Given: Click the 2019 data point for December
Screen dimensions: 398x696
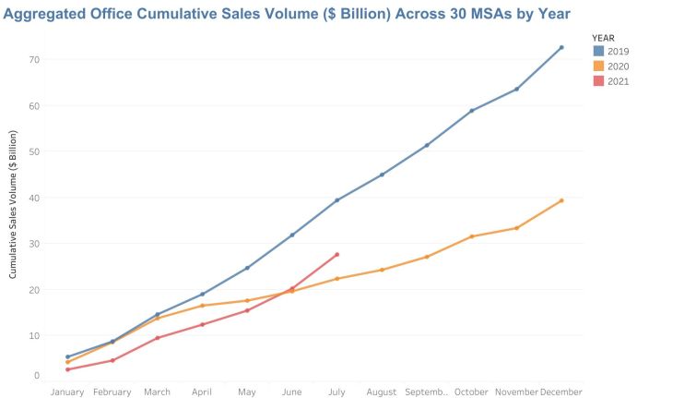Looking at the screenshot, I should [x=561, y=48].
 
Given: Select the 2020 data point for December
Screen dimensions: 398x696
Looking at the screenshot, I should [x=561, y=200].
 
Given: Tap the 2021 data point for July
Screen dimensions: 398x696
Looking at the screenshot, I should [x=337, y=255].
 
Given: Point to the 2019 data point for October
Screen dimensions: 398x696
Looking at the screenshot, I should [x=472, y=111].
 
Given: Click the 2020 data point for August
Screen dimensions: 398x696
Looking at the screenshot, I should [x=382, y=270].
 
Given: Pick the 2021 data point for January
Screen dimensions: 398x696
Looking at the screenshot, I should [x=68, y=369].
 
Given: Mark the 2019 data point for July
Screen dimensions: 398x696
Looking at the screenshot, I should [x=337, y=200].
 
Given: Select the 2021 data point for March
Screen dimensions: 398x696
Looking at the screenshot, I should [x=158, y=338].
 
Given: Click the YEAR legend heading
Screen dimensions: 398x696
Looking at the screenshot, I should [x=604, y=37].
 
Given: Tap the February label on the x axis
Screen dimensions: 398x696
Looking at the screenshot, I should [x=112, y=392].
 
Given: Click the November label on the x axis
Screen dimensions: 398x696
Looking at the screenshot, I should [x=516, y=392].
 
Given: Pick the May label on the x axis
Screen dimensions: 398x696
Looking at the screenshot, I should [x=247, y=392].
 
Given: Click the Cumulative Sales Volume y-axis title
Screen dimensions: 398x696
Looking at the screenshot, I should [x=14, y=204].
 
